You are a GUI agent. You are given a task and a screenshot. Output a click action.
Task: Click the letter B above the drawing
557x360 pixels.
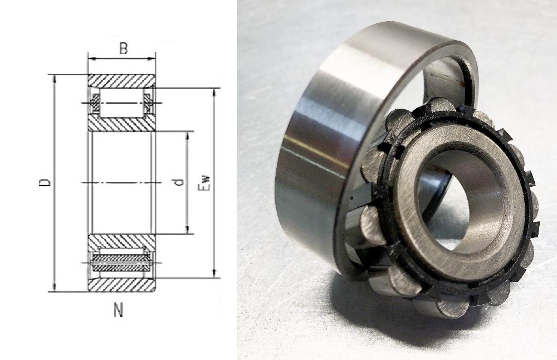[x=123, y=49]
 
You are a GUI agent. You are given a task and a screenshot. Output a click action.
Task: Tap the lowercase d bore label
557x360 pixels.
[x=179, y=182]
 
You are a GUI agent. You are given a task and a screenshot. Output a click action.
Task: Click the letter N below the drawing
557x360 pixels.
[x=118, y=310]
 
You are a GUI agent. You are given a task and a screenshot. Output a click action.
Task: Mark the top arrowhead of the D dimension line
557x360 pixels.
[x=55, y=78]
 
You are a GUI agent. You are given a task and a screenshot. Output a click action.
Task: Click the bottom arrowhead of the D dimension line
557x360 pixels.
[x=55, y=287]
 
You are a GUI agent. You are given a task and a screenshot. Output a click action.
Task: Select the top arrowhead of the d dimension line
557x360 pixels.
[x=187, y=135]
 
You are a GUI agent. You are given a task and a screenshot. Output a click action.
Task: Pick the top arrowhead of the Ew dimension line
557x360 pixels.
[x=214, y=92]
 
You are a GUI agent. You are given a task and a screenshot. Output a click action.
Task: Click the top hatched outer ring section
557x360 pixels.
[x=121, y=80]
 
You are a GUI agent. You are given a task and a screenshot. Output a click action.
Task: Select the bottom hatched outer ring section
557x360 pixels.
[x=121, y=284]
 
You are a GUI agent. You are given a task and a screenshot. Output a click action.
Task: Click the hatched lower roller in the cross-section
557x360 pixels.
[x=121, y=262]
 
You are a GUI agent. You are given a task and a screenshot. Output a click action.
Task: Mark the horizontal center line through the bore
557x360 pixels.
[x=121, y=182]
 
